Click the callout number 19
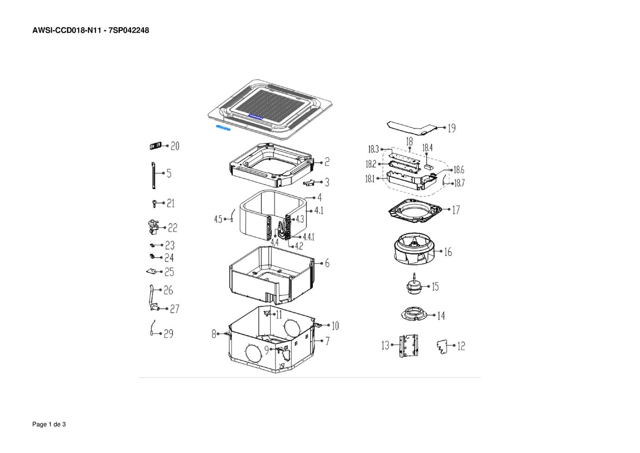(452, 128)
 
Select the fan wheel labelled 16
(414, 249)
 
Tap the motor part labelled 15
(414, 284)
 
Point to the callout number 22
(172, 228)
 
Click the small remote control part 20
(155, 146)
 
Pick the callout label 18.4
(428, 148)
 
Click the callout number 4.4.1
(309, 237)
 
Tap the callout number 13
(385, 345)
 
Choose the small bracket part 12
(442, 347)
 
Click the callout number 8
(214, 334)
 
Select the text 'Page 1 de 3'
(49, 424)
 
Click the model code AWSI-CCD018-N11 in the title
(67, 30)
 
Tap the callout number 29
(168, 334)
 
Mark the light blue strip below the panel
(223, 128)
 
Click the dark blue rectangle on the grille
(256, 116)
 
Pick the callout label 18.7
(459, 183)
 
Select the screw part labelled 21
(154, 204)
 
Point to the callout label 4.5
(218, 219)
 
